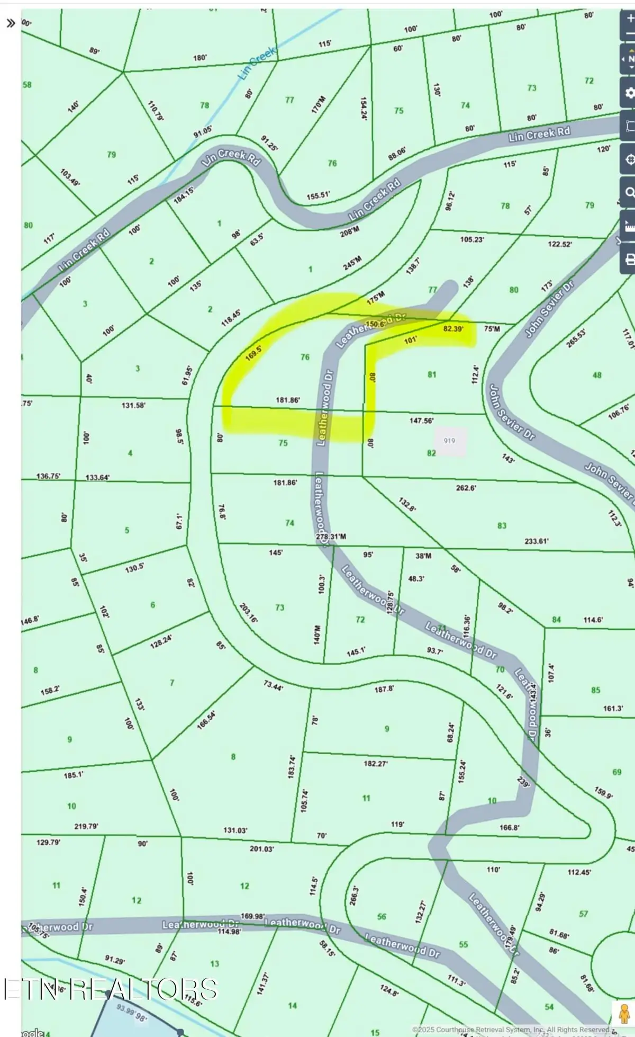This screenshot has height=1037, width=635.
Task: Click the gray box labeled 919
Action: [449, 441]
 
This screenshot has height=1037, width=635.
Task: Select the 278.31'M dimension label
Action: [331, 537]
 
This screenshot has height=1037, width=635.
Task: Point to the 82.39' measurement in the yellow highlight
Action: [453, 329]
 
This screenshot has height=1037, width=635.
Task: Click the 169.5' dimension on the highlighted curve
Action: [253, 353]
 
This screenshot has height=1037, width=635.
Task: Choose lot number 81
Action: [432, 374]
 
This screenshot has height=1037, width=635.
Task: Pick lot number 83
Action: [502, 525]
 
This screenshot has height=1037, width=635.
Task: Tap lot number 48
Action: [597, 375]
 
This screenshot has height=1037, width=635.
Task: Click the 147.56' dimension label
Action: [421, 421]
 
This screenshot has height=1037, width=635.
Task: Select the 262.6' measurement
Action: [466, 488]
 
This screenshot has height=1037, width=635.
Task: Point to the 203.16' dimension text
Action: [248, 613]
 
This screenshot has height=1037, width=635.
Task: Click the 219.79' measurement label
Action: [86, 826]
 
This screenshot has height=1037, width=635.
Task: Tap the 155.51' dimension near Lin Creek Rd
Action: [318, 195]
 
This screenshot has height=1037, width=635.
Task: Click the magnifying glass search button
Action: [629, 192]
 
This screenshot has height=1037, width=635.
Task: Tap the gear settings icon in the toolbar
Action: [629, 93]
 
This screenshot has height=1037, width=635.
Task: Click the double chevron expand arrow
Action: [10, 23]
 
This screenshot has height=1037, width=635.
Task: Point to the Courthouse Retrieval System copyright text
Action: [511, 1030]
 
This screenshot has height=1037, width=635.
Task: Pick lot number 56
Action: [382, 916]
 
